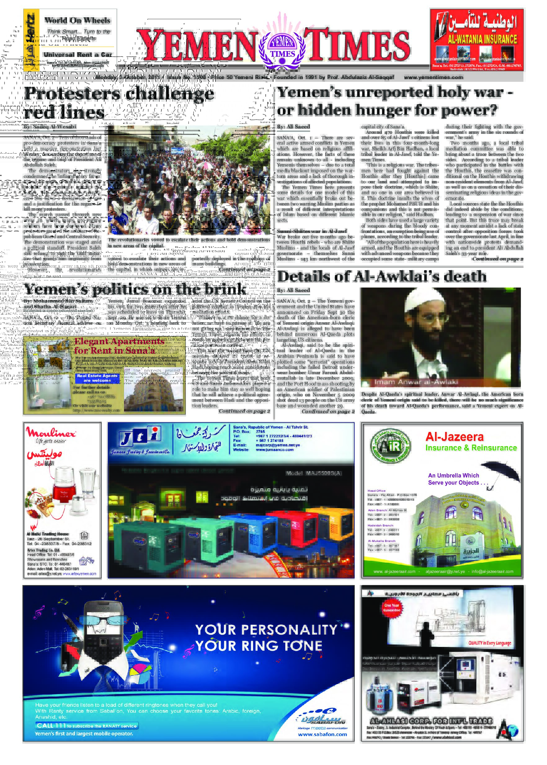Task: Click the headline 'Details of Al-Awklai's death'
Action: pos(382,277)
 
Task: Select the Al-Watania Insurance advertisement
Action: pos(476,40)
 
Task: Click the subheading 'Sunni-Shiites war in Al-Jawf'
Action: pos(312,231)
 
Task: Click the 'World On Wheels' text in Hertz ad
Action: pos(77,20)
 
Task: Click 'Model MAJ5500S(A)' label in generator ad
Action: pos(314,473)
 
